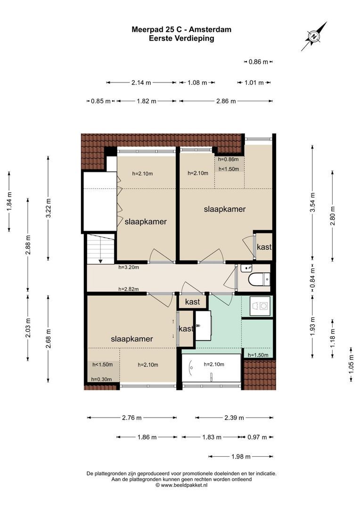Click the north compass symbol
pos(314,36)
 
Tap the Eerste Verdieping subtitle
pos(181,39)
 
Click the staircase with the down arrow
pos(100,248)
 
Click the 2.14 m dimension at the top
pos(141,83)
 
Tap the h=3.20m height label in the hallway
pos(129,267)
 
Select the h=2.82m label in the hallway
pos(129,289)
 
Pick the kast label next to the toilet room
pos(263,246)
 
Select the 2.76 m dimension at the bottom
pos(132,418)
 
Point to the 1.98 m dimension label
pos(241,456)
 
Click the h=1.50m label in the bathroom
pos(258,355)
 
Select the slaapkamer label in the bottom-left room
pos(131,338)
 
